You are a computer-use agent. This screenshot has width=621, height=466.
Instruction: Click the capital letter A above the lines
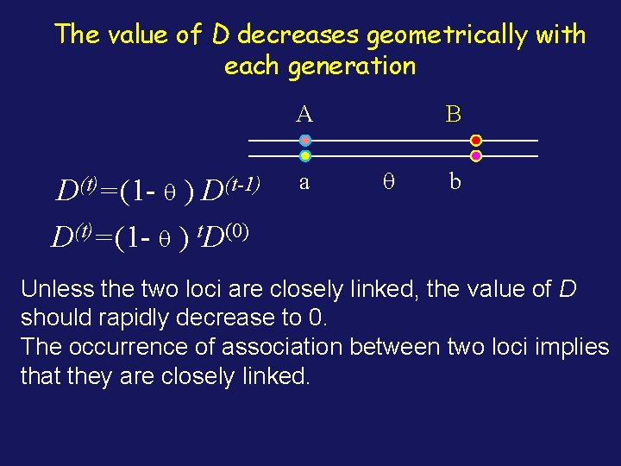pos(304,113)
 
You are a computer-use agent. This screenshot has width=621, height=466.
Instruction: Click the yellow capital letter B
pos(454,113)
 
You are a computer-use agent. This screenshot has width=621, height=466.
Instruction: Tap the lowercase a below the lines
pos(304,182)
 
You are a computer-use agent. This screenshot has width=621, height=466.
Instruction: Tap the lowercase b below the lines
pos(455,181)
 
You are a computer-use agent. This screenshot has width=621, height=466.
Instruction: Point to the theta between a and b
pos(388,181)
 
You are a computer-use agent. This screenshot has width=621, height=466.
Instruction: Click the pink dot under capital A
pos(305,140)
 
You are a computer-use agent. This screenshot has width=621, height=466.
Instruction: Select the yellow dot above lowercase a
pos(305,156)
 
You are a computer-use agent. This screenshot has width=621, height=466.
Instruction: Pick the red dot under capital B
pos(476,140)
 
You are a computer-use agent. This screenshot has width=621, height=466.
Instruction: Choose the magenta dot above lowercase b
pos(476,156)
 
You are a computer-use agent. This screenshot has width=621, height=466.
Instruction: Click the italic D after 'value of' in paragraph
pos(568,288)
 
